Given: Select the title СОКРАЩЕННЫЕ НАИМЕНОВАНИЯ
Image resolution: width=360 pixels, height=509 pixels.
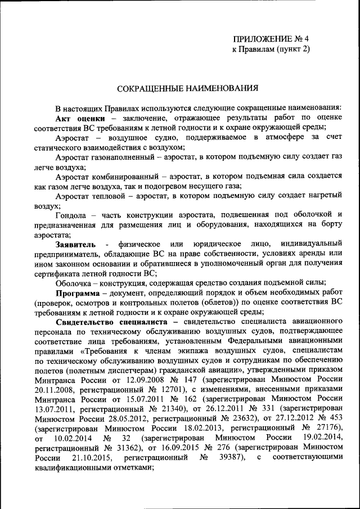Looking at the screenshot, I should coord(187,88).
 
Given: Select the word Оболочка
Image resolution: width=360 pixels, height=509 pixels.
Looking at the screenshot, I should coord(74,283).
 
